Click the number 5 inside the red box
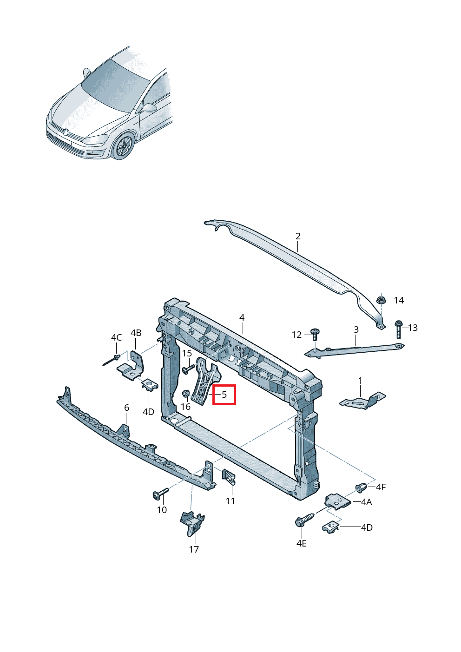[224, 395]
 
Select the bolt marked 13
[399, 329]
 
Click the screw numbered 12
[316, 334]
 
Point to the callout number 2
[298, 236]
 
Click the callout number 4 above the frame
[242, 317]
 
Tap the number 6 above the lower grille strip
[126, 408]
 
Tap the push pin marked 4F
[361, 487]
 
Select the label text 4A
[366, 502]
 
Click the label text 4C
[116, 337]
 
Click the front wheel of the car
[123, 145]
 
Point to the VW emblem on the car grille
[66, 132]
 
